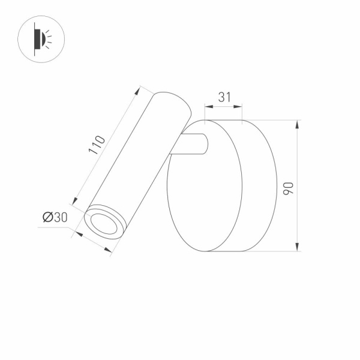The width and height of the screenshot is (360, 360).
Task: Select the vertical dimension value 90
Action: point(288,186)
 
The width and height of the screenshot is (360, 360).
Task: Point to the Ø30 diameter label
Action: point(55,217)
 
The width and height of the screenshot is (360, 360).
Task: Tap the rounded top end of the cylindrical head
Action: point(173,102)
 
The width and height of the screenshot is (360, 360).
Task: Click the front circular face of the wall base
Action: point(204,186)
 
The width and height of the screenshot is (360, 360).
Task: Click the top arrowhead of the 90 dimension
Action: point(297,124)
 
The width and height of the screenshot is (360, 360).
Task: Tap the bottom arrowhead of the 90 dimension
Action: point(297,247)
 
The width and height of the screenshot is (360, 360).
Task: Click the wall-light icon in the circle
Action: point(41,40)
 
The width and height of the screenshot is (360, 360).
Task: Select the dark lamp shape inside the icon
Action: point(40,40)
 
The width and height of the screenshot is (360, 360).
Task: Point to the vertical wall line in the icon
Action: point(35,40)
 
